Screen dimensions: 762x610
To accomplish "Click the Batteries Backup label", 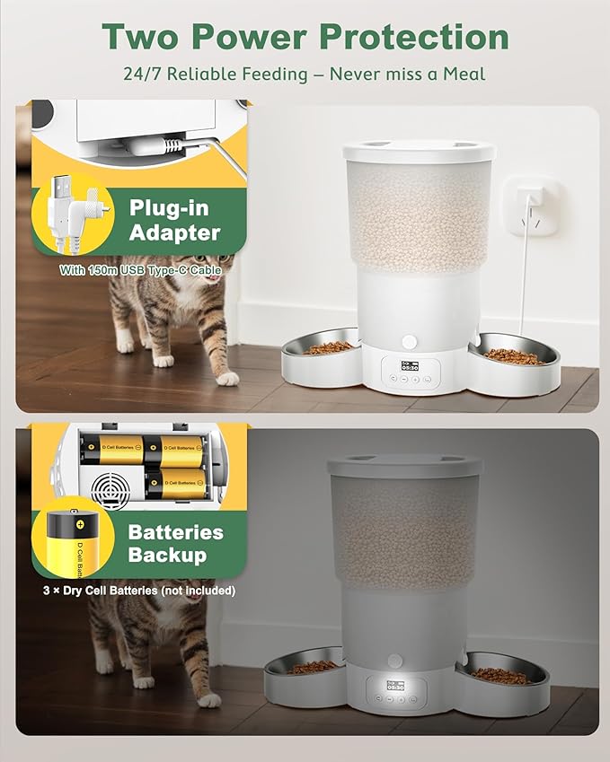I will pyautogui.click(x=174, y=543).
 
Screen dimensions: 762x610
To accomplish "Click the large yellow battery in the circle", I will pyautogui.click(x=72, y=543).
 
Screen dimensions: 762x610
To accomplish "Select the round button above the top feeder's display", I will pyautogui.click(x=411, y=342).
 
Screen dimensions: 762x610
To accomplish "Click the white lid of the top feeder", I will pyautogui.click(x=416, y=150).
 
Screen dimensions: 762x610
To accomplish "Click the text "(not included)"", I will pyautogui.click(x=194, y=591).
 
